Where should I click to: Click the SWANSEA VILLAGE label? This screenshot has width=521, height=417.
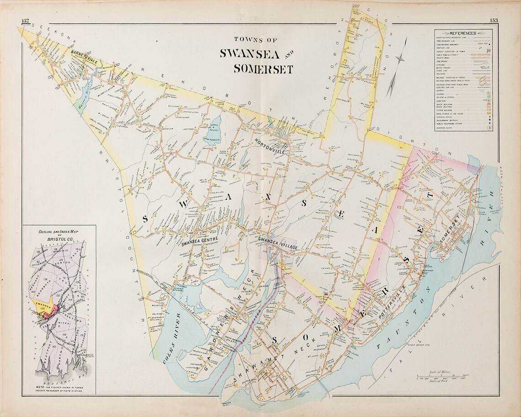click(277, 244)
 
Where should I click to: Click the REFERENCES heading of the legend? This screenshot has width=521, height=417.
click(463, 33)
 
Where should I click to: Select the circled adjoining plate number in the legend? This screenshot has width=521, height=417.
click(489, 128)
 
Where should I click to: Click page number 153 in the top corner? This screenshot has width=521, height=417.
click(494, 20)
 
